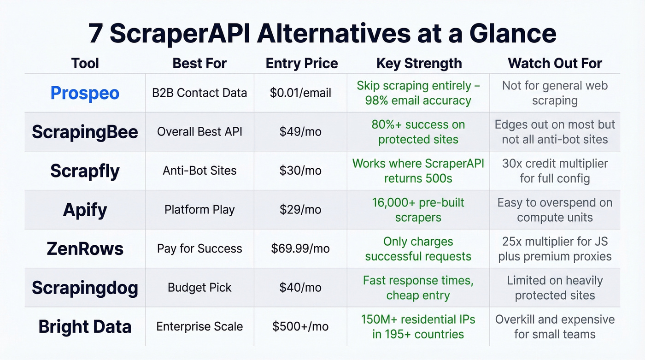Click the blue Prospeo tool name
(x=85, y=93)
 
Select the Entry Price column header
(x=302, y=63)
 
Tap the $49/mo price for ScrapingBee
(x=300, y=132)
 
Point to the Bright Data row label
(x=85, y=327)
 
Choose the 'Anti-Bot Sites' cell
(x=199, y=171)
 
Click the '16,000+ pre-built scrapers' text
(x=418, y=210)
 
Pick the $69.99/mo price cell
(x=300, y=249)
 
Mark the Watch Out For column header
(x=555, y=63)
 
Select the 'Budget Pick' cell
(x=199, y=288)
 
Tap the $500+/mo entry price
(x=300, y=327)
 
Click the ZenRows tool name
(x=85, y=249)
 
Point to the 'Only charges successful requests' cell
(x=418, y=249)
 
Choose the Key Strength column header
(x=419, y=63)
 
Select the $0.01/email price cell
(x=300, y=93)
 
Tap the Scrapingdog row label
(x=85, y=288)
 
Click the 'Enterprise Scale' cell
(x=199, y=327)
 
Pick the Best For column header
(x=199, y=63)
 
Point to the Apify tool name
(x=85, y=210)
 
